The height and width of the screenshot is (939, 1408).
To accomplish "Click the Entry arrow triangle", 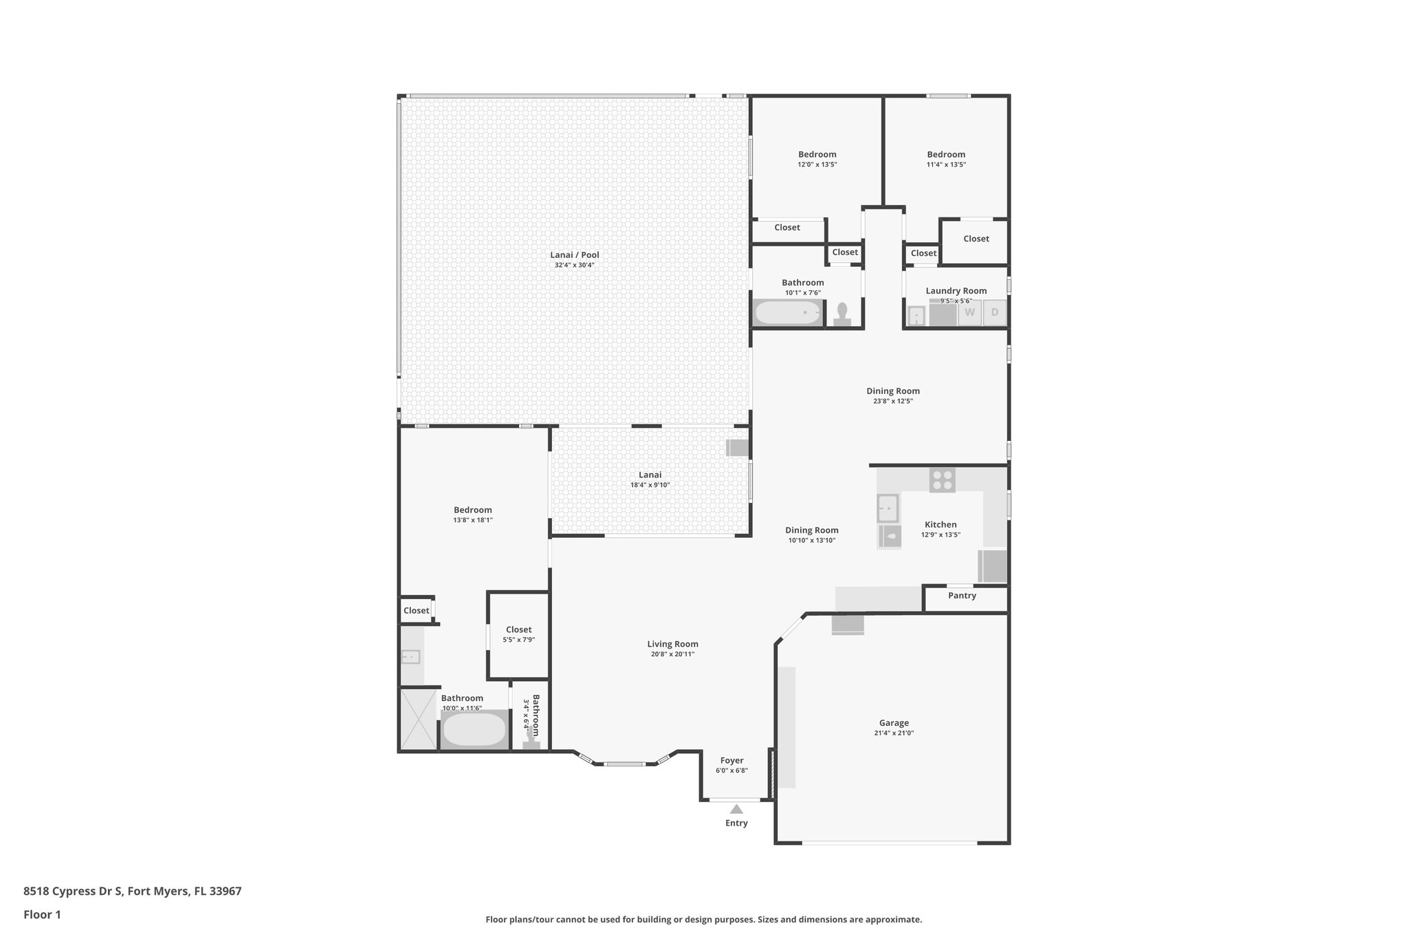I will tap(736, 809).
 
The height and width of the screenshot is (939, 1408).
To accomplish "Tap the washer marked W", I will tap(969, 313).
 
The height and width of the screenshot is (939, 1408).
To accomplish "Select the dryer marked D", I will tap(994, 313).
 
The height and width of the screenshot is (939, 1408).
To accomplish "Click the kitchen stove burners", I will tap(942, 479).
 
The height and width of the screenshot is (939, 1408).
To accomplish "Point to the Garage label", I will tap(894, 723).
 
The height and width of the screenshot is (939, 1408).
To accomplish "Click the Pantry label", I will tap(962, 596).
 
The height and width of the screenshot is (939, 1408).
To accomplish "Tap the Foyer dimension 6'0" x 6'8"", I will tap(731, 770).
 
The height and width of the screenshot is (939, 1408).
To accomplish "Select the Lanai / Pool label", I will tap(575, 255).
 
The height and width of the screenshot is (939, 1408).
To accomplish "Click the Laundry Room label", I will tap(956, 291).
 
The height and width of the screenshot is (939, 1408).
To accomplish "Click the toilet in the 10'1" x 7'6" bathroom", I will tap(842, 314).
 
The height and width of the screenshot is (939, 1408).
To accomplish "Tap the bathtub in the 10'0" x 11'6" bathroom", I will tap(474, 730).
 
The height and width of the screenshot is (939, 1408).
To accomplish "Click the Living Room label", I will tap(672, 645).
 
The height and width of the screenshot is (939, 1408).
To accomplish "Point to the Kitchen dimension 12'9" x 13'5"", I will tap(940, 535).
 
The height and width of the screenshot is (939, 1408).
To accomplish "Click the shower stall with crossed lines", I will tap(419, 718).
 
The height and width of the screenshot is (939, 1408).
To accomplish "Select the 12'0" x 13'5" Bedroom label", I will tap(817, 155).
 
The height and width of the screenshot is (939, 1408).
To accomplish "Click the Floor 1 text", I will tap(42, 914).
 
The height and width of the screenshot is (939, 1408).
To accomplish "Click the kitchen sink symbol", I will tap(888, 508).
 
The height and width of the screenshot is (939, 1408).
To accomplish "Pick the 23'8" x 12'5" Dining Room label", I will tap(892, 391).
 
